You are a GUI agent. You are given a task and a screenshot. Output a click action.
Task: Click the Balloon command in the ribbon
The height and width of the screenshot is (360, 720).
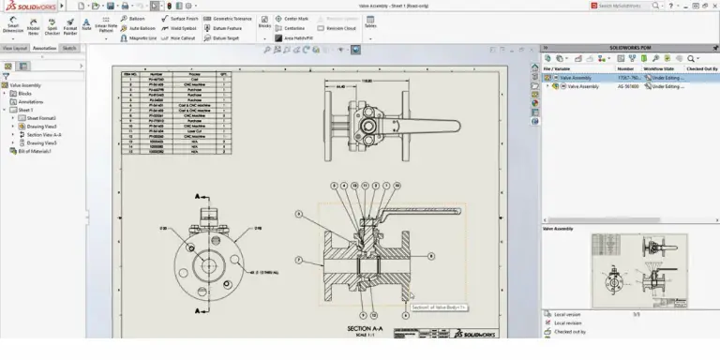(136, 18)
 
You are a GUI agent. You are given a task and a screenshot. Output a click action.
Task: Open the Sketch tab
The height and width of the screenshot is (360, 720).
(70, 47)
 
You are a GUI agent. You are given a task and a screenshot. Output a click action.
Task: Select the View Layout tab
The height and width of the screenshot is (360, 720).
(14, 47)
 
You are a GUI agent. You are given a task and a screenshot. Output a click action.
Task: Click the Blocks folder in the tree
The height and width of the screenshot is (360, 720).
(20, 93)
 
